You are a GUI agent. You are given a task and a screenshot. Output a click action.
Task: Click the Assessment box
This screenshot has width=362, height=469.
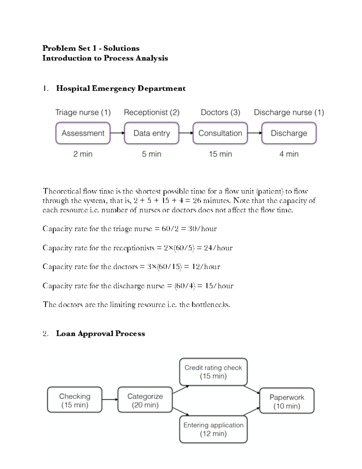(x=83, y=133)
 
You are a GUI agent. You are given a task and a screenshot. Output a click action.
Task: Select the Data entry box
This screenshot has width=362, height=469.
(x=151, y=133)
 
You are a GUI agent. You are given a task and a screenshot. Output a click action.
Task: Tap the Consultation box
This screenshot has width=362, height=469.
(x=220, y=133)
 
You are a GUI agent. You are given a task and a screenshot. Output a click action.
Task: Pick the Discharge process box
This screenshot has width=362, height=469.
(x=289, y=133)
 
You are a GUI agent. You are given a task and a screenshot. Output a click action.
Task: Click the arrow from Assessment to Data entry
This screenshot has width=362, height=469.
(x=117, y=133)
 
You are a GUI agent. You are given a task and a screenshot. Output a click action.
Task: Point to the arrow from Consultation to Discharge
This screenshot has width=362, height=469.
(x=254, y=133)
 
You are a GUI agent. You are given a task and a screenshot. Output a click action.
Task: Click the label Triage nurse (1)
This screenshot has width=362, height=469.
(x=83, y=112)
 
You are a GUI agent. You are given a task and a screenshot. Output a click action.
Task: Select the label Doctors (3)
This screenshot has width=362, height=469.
(x=220, y=112)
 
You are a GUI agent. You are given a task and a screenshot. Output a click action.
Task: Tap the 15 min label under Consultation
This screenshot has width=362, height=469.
(x=220, y=154)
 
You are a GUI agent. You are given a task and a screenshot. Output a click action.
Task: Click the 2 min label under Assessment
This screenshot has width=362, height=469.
(x=83, y=154)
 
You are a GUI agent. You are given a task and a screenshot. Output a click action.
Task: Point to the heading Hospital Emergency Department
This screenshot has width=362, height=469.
(x=121, y=88)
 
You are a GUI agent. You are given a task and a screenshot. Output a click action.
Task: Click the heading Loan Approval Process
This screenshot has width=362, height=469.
(x=100, y=334)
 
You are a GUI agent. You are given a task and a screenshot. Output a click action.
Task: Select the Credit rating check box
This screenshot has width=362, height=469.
(x=213, y=372)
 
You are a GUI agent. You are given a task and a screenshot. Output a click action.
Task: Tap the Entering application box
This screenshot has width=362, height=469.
(x=213, y=429)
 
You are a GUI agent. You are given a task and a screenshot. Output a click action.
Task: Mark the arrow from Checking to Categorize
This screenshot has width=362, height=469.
(x=110, y=400)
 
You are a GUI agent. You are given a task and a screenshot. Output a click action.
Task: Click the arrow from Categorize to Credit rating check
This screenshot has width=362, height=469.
(x=180, y=390)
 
